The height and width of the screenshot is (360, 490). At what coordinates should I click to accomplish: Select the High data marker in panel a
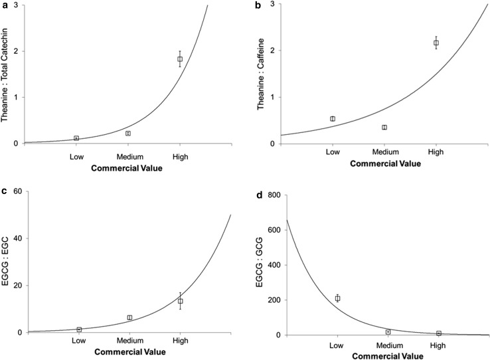pos(180,59)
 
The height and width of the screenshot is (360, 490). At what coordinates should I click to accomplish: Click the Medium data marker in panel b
pos(384,128)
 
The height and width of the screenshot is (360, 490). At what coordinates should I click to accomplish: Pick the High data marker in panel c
pos(180,301)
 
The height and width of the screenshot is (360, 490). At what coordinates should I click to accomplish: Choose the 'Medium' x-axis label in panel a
pos(127,157)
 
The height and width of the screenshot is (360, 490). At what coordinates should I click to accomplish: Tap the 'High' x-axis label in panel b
pos(436,152)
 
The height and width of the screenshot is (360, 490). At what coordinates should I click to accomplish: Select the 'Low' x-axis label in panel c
pos(78,345)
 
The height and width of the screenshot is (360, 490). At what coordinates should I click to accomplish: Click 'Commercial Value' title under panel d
pos(388,355)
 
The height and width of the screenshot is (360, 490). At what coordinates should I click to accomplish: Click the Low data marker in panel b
pos(333,119)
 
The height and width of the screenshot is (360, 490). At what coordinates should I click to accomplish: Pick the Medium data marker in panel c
pos(130,317)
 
